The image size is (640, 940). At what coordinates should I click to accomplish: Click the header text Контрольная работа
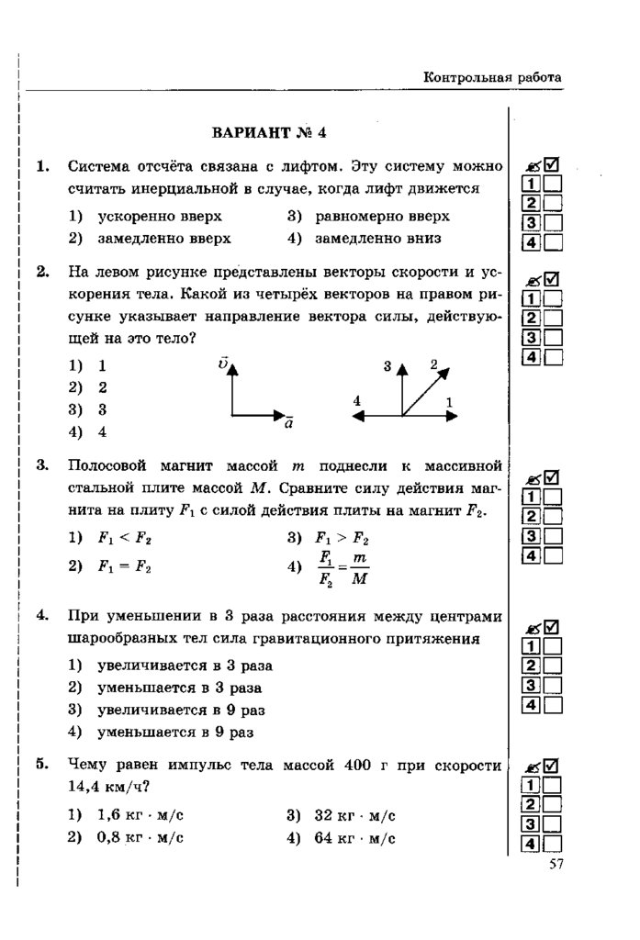click(x=491, y=78)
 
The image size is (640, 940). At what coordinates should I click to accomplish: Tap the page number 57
click(x=555, y=863)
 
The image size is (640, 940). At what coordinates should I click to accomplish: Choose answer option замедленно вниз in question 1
click(x=376, y=238)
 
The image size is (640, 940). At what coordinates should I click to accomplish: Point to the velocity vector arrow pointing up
click(x=231, y=386)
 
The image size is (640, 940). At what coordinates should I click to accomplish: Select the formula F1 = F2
click(x=124, y=566)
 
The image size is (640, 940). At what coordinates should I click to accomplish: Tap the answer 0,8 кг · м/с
click(x=140, y=837)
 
